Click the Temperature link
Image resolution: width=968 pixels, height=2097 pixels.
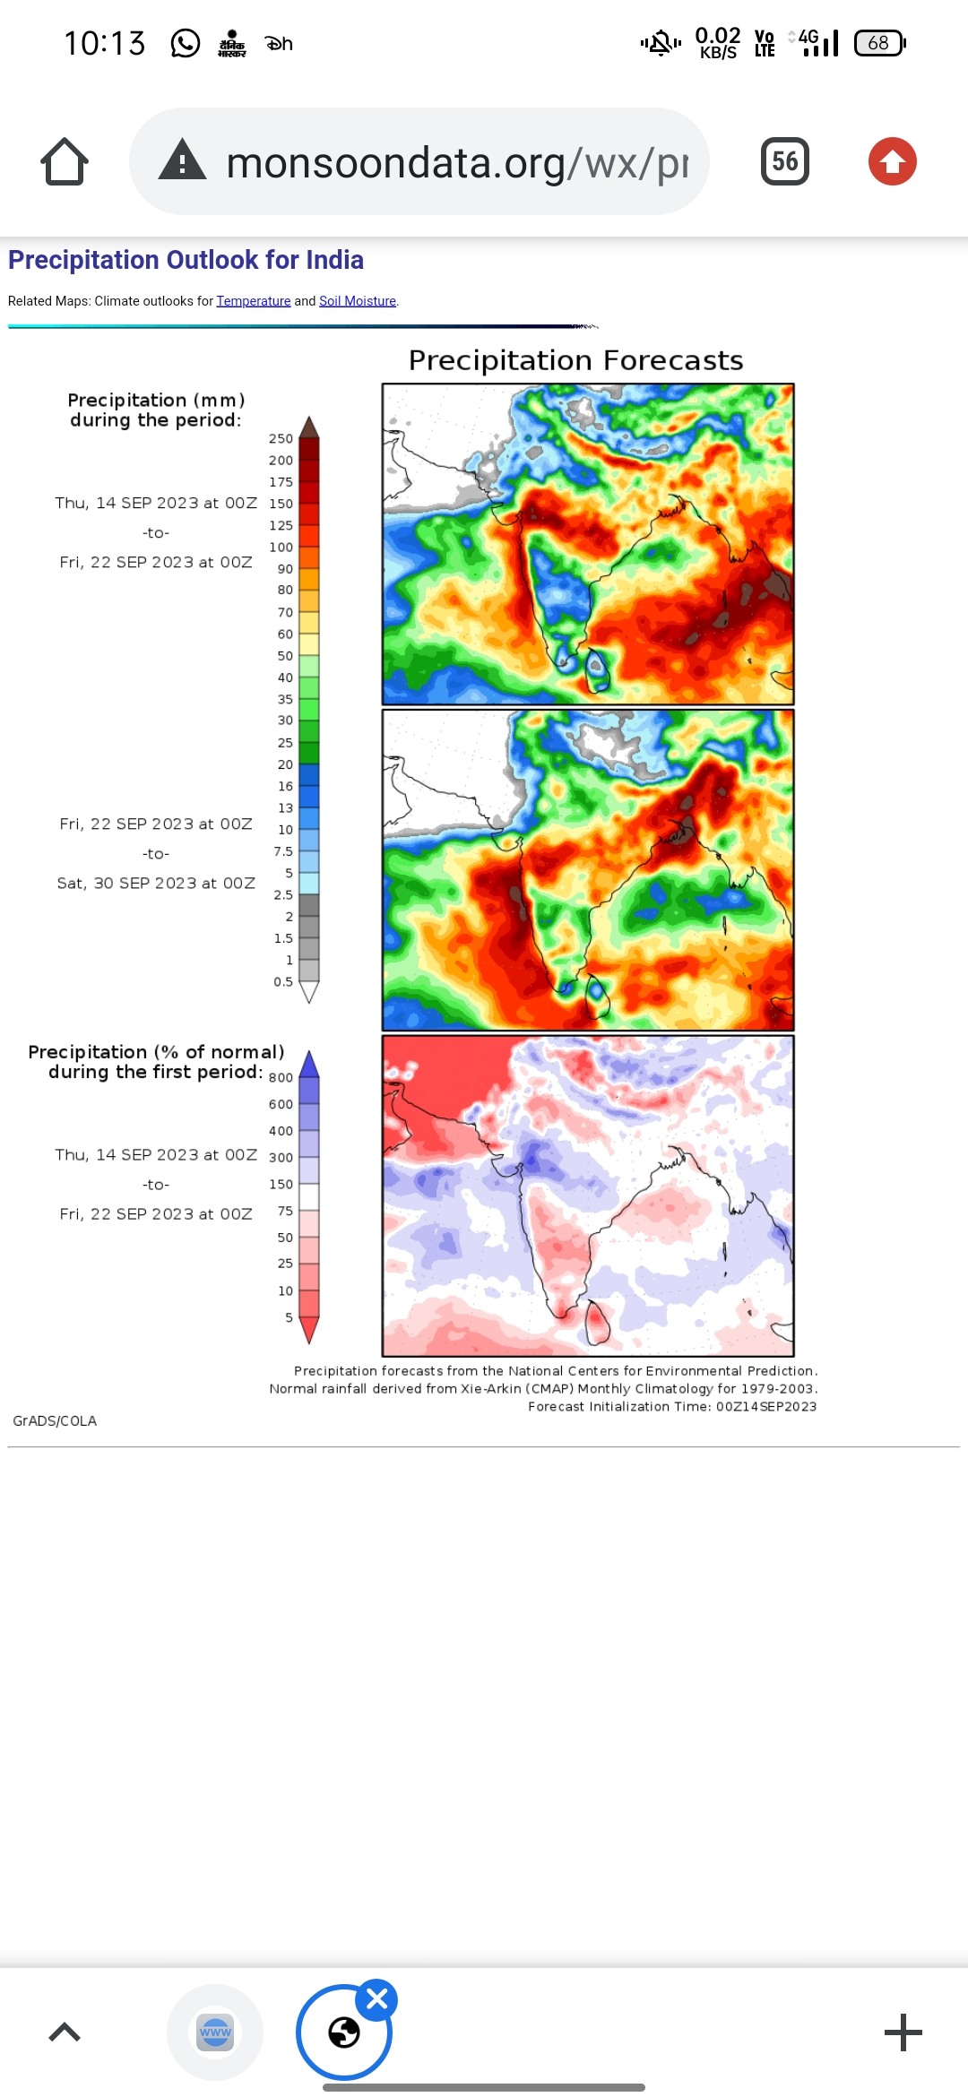click(253, 301)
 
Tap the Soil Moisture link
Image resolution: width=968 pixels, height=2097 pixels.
click(358, 301)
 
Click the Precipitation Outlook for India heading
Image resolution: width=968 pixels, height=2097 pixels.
click(186, 260)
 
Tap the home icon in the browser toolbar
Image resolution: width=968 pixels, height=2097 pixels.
click(65, 161)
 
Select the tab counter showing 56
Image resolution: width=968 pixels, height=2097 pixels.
click(784, 161)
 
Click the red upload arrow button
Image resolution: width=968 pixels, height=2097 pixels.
click(892, 161)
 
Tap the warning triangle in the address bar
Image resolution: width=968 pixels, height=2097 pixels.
click(183, 161)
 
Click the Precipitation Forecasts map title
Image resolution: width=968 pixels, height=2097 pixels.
click(575, 360)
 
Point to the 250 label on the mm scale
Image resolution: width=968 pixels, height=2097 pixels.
click(281, 438)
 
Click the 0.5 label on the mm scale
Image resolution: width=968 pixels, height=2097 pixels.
click(283, 982)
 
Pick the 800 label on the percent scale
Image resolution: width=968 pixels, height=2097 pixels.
click(281, 1078)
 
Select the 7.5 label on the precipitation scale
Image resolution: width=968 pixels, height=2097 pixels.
click(283, 851)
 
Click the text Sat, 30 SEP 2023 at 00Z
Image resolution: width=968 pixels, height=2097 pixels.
click(156, 884)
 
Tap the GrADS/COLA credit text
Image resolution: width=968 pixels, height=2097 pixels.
click(55, 1421)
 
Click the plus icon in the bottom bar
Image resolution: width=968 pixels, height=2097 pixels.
click(903, 2032)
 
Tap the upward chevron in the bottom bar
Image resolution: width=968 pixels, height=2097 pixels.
click(65, 2032)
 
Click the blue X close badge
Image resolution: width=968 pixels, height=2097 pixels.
click(376, 1999)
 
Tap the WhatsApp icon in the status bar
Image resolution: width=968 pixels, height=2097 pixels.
click(186, 43)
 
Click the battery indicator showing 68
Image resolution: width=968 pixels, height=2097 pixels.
click(879, 43)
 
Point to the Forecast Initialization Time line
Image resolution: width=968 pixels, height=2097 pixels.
click(672, 1407)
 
